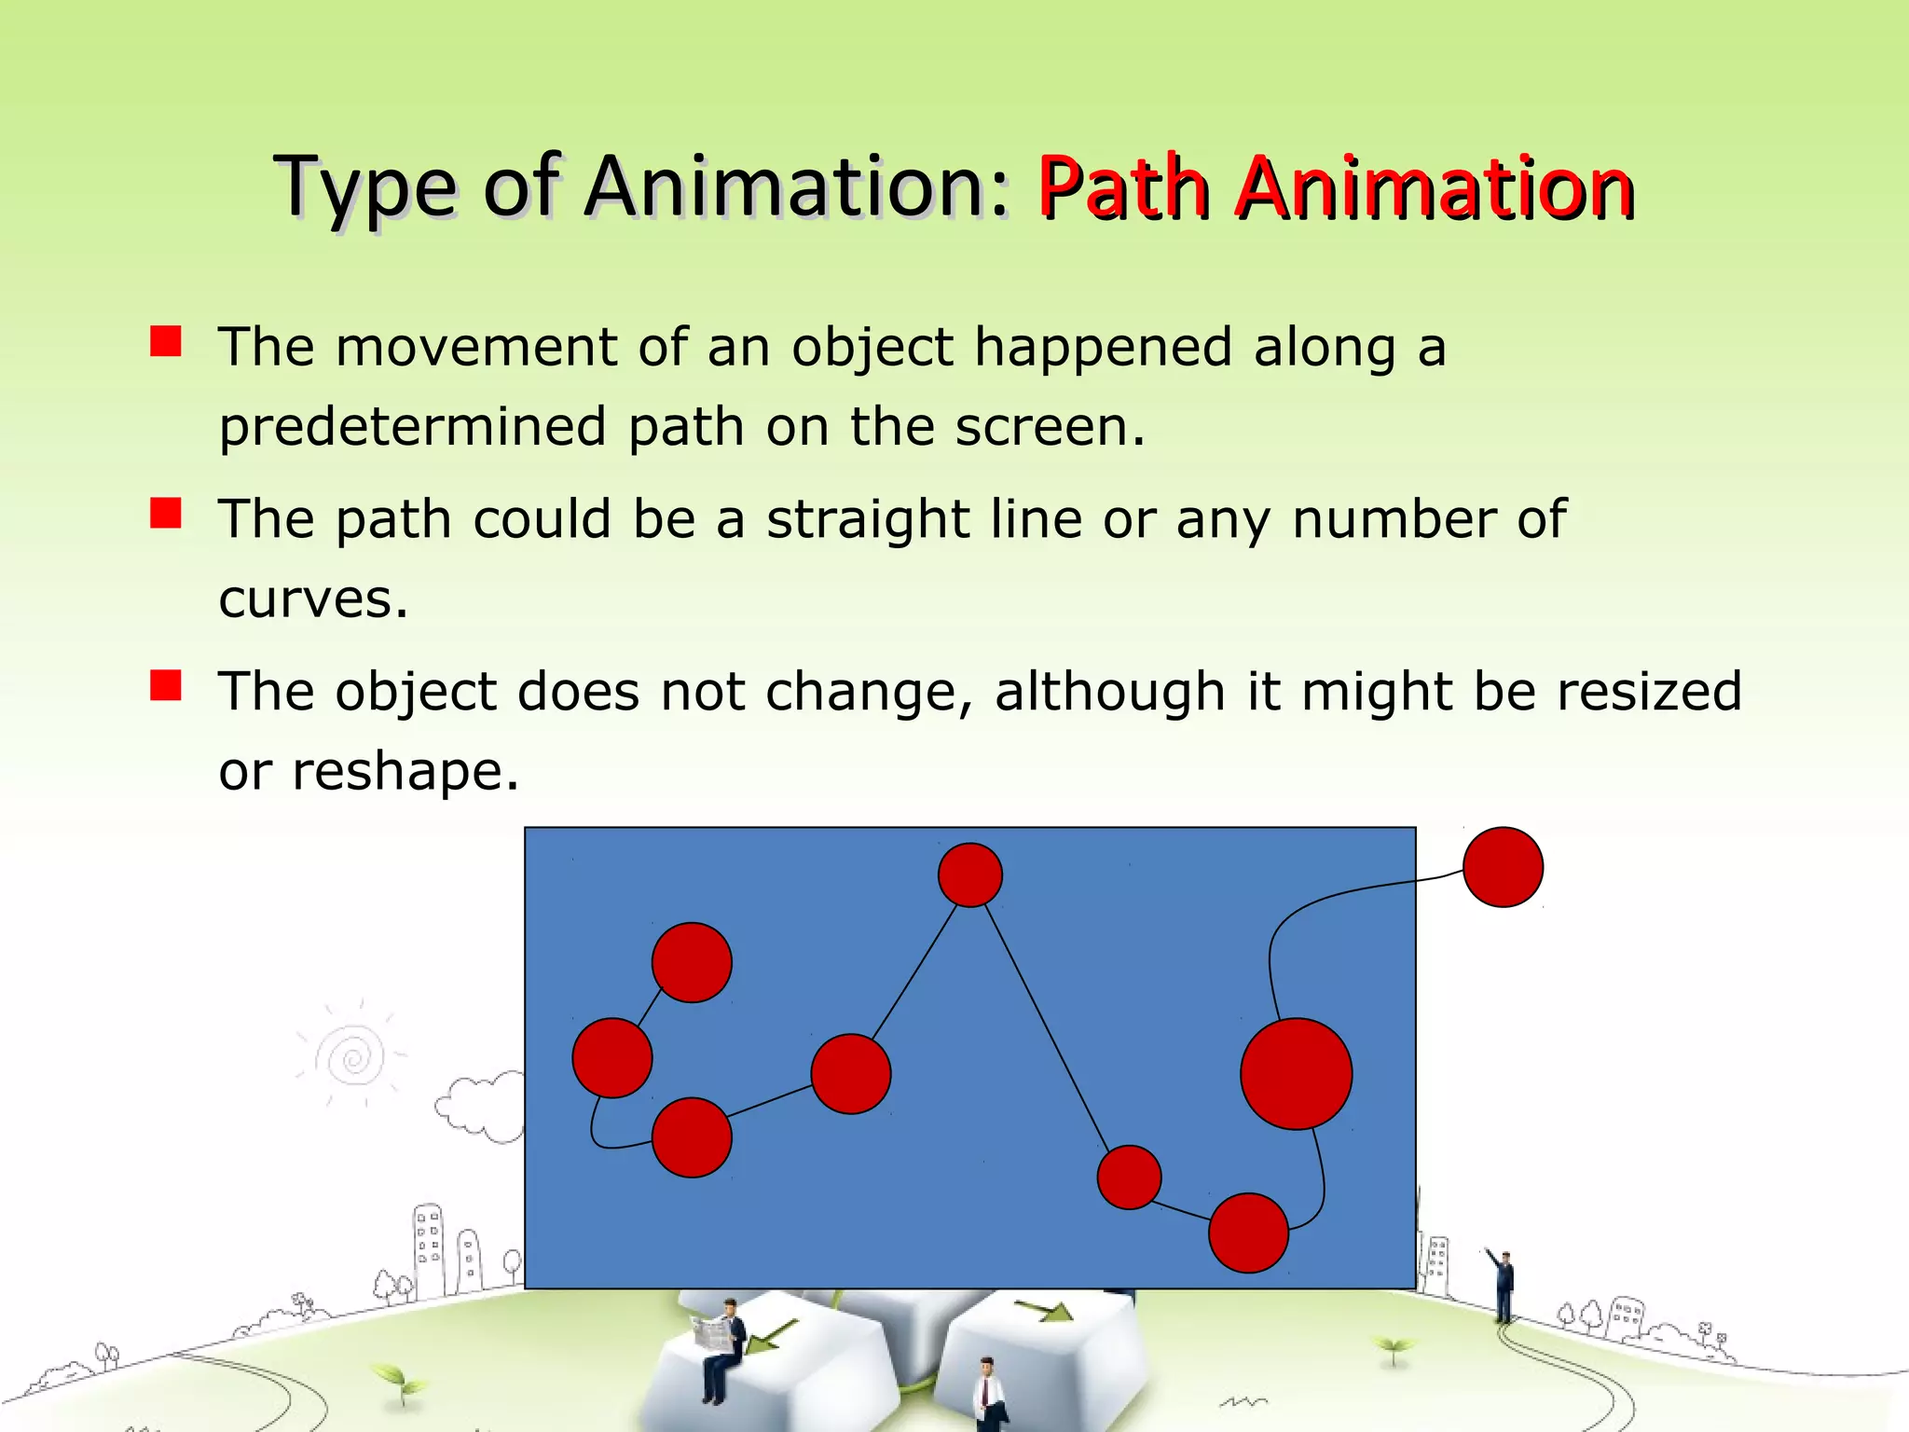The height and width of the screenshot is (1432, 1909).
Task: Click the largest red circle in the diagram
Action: point(1296,1074)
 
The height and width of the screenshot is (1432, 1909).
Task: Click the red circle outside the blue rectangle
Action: point(1503,867)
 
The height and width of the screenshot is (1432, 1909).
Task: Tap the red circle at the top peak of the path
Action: point(969,874)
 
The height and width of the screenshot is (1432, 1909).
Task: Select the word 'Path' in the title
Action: point(1123,188)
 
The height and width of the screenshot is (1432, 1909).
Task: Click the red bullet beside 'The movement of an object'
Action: point(166,342)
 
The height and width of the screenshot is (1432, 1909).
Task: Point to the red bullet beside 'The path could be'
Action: point(166,514)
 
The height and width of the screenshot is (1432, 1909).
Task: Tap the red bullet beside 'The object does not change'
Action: point(166,686)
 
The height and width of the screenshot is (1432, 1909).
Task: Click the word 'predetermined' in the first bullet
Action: point(412,427)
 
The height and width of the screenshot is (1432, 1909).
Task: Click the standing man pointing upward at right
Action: point(1504,1287)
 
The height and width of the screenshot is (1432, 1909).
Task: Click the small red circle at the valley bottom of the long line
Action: point(1129,1177)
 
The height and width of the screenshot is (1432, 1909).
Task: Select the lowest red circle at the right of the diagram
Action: point(1248,1232)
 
